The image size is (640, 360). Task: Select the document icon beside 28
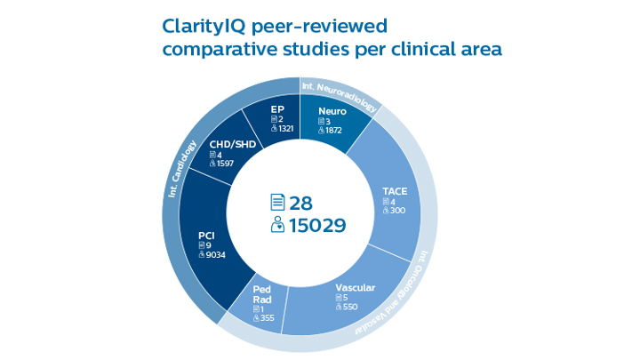pyautogui.click(x=276, y=203)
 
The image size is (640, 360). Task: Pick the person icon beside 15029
pyautogui.click(x=276, y=226)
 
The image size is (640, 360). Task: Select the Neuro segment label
pyautogui.click(x=332, y=111)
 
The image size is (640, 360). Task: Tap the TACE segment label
pyautogui.click(x=395, y=191)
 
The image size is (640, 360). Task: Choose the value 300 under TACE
pyautogui.click(x=398, y=211)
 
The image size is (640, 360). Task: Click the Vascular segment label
pyautogui.click(x=355, y=288)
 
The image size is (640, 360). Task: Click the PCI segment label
pyautogui.click(x=206, y=236)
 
